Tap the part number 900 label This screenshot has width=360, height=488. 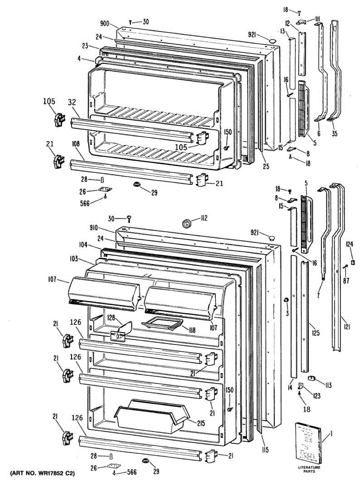click(x=105, y=24)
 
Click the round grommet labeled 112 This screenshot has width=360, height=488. click(x=187, y=222)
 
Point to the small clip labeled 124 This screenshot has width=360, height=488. click(x=353, y=262)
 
